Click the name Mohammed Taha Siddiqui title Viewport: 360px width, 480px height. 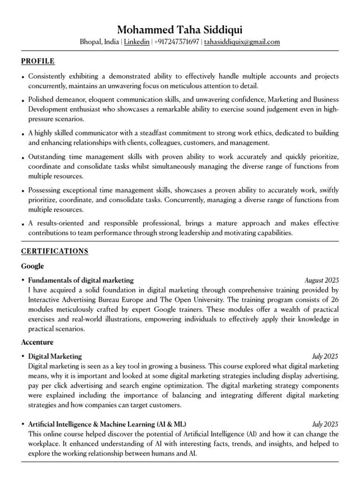coord(180,30)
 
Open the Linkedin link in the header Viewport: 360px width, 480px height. coord(137,42)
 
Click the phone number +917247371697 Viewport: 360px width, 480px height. coord(176,42)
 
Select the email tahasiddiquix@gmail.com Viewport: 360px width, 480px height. coord(242,42)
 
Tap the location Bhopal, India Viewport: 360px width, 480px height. coord(99,42)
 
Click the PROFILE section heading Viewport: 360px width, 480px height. coord(38,61)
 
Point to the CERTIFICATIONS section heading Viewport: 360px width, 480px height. coord(55,251)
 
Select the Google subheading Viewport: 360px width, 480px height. coord(32,266)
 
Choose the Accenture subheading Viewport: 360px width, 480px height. coord(37,342)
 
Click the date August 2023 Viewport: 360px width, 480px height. coord(322,280)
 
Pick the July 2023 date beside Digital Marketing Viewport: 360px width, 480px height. coord(325,356)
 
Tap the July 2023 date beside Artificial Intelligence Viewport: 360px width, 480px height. coord(325,423)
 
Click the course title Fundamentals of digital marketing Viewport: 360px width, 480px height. coord(81,280)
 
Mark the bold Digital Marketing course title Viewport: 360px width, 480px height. coord(55,356)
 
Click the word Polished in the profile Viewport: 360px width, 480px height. coord(42,100)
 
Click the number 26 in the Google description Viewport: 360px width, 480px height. coord(334,300)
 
